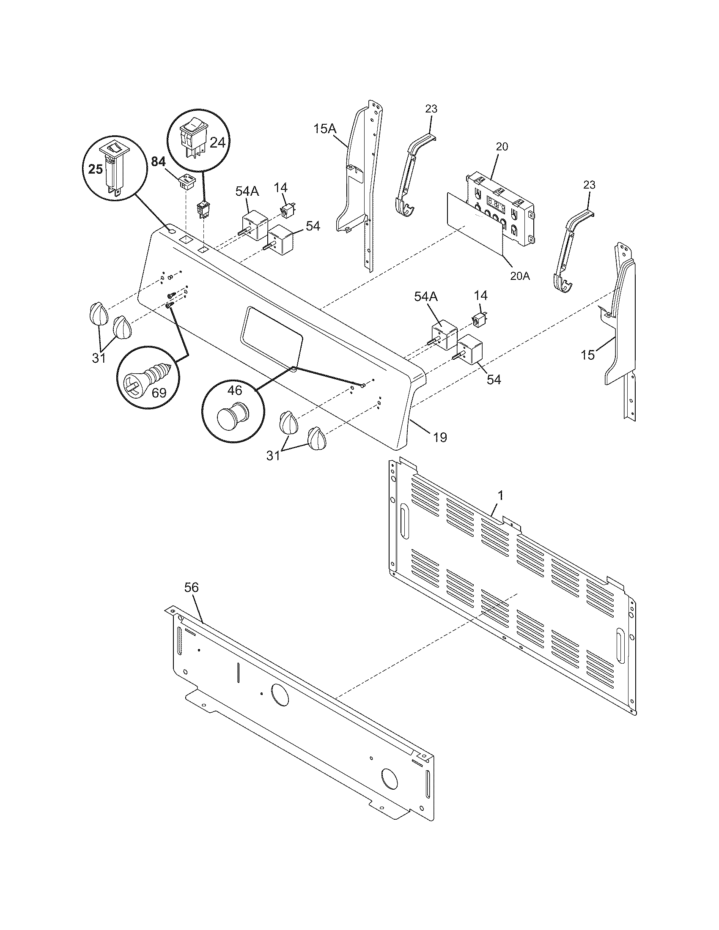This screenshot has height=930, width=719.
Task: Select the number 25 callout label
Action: click(x=96, y=170)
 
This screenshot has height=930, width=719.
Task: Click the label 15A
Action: click(x=325, y=129)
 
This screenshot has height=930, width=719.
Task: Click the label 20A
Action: click(x=520, y=276)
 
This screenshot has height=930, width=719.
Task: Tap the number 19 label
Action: click(x=440, y=437)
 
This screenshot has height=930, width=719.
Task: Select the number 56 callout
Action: click(x=191, y=588)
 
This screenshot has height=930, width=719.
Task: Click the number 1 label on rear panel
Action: click(x=501, y=496)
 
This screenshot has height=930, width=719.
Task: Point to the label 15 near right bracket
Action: click(x=588, y=355)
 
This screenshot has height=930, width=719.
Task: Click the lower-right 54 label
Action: click(x=494, y=380)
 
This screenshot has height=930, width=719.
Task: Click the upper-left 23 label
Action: click(x=431, y=109)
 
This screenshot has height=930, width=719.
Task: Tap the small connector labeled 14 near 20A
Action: click(x=480, y=318)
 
